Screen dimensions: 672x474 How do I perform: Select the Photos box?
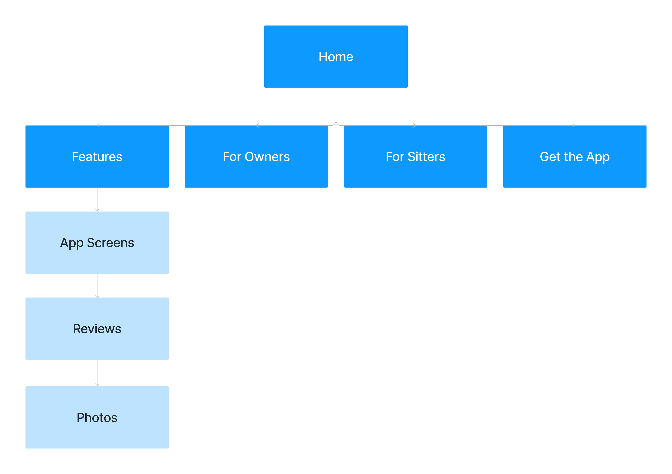pyautogui.click(x=97, y=417)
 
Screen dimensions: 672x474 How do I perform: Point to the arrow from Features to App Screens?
pyautogui.click(x=97, y=199)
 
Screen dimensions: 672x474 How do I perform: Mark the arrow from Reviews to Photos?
pyautogui.click(x=97, y=373)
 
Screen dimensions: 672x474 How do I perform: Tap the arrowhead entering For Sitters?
pyautogui.click(x=414, y=126)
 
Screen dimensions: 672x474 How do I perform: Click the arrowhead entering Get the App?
pyautogui.click(x=574, y=126)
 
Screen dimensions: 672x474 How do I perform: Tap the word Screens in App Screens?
pyautogui.click(x=110, y=243)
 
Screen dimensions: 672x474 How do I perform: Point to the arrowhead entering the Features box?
pyautogui.click(x=98, y=126)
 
